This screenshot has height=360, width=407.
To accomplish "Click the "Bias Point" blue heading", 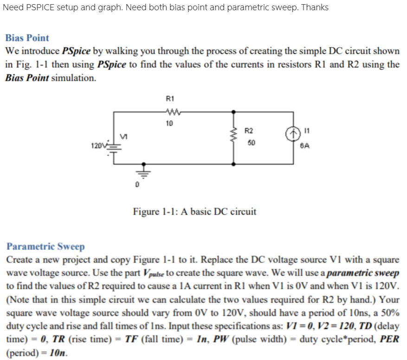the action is point(27,38).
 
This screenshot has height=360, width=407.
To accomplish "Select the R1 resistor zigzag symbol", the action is point(169,111).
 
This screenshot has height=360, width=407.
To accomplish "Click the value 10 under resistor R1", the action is point(169,124).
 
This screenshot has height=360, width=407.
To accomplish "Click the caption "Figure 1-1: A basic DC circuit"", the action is point(194,212).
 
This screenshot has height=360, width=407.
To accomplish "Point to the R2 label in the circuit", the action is point(249,131).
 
